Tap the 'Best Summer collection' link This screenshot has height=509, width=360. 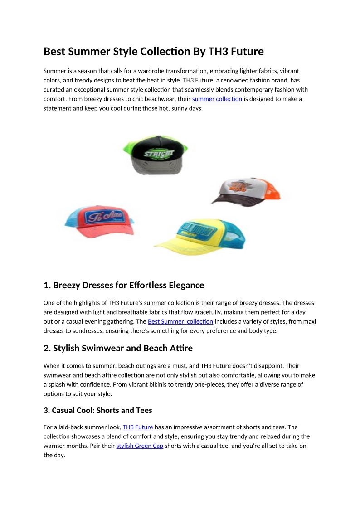pyautogui.click(x=180, y=321)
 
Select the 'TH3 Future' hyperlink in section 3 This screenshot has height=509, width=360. pyautogui.click(x=138, y=427)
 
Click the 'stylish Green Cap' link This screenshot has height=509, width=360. pyautogui.click(x=140, y=446)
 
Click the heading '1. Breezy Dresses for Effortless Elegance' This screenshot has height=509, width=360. pyautogui.click(x=124, y=285)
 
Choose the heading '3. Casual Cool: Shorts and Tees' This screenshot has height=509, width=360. pyautogui.click(x=98, y=410)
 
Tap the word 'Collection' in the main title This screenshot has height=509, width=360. pyautogui.click(x=165, y=52)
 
